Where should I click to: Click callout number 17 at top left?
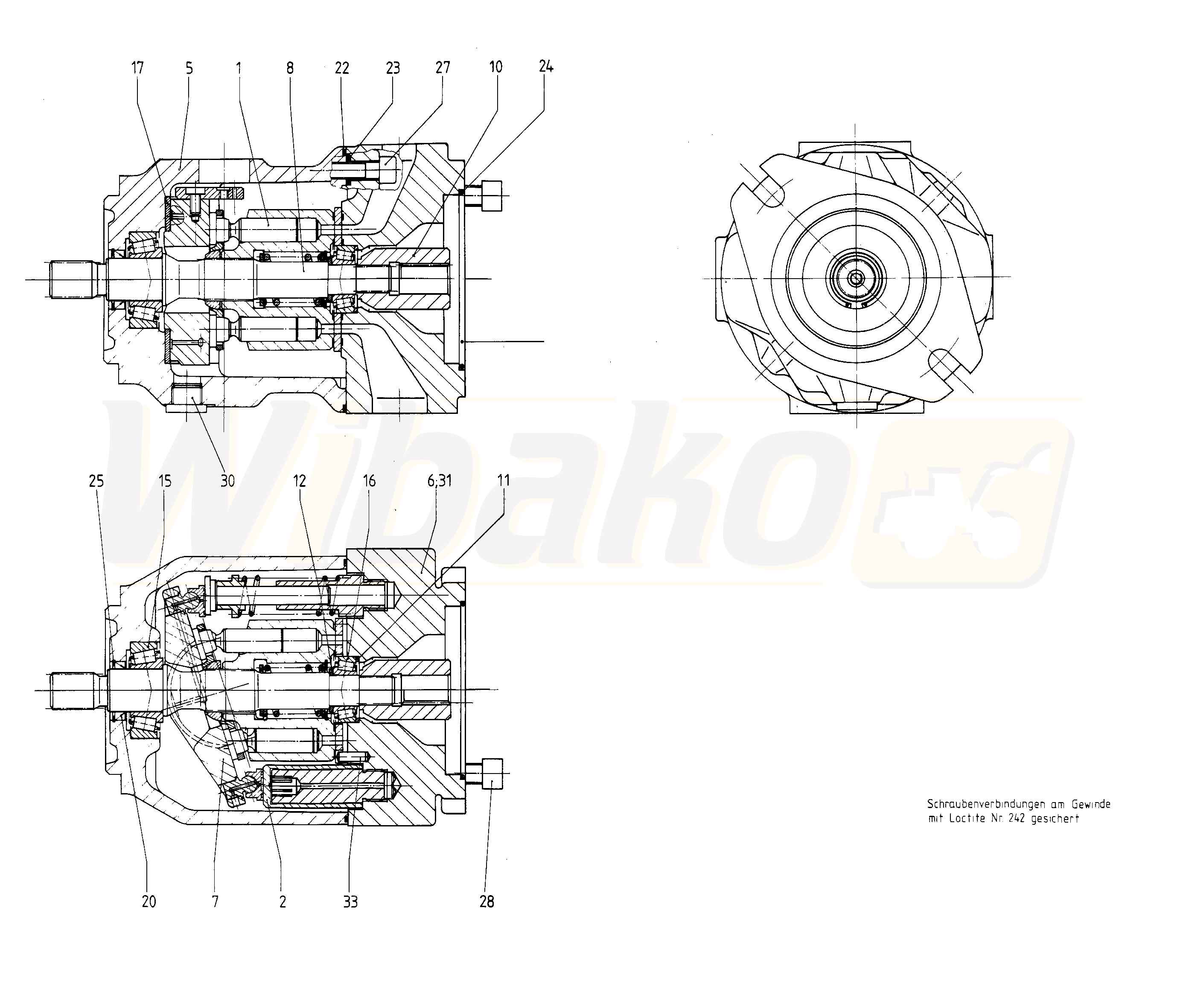[137, 68]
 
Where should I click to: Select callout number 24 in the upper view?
[546, 67]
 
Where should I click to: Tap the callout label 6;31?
[440, 480]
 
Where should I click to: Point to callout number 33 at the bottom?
[350, 902]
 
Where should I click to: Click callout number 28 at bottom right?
[487, 902]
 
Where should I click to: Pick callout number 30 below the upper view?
[227, 480]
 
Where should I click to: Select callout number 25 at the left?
[96, 480]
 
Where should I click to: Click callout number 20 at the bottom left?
[149, 902]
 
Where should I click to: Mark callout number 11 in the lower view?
[504, 480]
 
